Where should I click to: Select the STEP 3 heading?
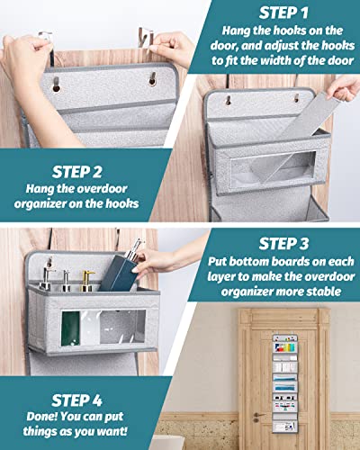[283, 243]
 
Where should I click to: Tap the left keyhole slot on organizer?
[57, 89]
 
